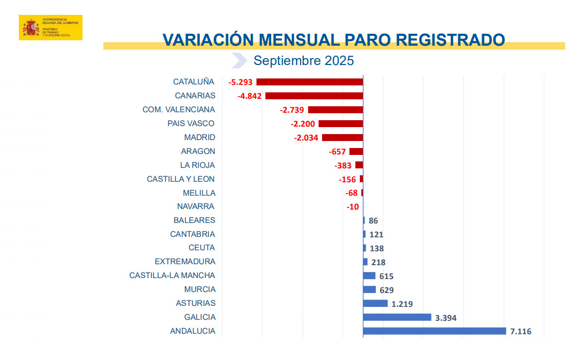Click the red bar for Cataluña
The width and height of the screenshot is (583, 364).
(x=310, y=82)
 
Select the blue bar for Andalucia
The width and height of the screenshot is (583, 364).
(x=434, y=331)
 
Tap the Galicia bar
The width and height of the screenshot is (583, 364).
(x=397, y=317)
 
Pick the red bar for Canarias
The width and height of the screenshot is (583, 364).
(x=314, y=96)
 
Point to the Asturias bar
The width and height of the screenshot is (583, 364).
(x=375, y=303)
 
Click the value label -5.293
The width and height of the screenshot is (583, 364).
(x=241, y=82)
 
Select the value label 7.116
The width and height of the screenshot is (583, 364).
(x=520, y=331)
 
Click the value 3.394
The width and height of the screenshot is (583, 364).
(x=445, y=318)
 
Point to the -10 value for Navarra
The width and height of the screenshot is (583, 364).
(x=353, y=207)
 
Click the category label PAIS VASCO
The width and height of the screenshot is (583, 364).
(x=191, y=124)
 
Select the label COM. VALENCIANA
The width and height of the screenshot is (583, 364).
(x=178, y=110)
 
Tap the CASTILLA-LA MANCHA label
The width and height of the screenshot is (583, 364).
(x=172, y=276)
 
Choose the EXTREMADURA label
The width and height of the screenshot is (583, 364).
(x=185, y=262)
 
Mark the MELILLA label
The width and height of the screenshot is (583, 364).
(x=199, y=193)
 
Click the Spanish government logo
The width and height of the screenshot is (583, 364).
(x=50, y=27)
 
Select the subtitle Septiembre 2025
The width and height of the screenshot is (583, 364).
(x=304, y=61)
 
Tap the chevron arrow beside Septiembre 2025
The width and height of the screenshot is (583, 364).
(x=239, y=61)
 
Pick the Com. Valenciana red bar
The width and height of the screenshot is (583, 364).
(x=335, y=110)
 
